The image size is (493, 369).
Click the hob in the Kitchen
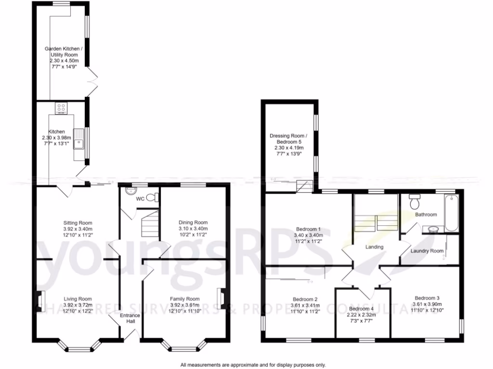[61, 108]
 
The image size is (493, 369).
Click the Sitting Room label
[78, 223]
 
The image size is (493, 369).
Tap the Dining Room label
[193, 222]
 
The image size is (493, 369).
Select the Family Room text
[184, 299]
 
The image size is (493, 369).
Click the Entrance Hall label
[130, 318]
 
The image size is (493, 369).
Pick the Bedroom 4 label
[361, 309]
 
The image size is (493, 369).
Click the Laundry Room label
[427, 251]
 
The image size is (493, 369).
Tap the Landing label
[374, 247]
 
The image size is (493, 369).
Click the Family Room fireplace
[222, 298]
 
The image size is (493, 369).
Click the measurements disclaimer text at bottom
[253, 365]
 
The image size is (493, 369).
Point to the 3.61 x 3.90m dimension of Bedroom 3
[427, 304]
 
